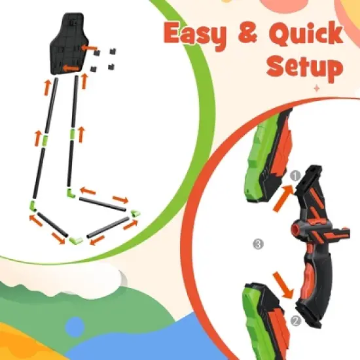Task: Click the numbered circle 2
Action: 295,321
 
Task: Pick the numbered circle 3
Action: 258,245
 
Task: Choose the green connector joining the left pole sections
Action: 45,141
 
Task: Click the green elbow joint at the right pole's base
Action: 70,193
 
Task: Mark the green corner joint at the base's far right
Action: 134,213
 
